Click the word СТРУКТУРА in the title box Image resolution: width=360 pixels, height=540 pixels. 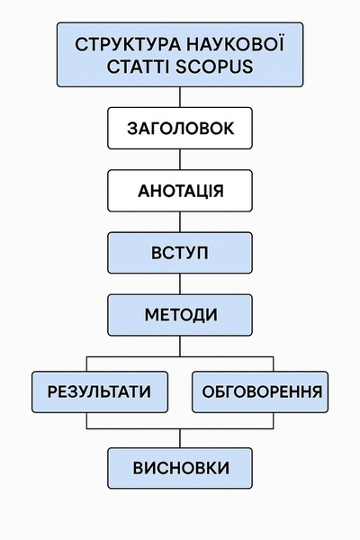(x=127, y=45)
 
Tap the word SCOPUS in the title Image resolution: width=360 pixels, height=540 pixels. (x=214, y=67)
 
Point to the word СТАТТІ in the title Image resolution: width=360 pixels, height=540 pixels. (x=138, y=67)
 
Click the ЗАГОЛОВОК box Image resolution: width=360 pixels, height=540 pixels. (x=180, y=128)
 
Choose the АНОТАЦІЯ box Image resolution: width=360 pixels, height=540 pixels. (x=180, y=191)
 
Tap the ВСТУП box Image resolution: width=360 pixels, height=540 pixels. (x=180, y=253)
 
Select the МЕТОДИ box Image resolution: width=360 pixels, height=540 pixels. (x=180, y=315)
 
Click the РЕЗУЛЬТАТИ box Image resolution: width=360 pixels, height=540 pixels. (x=100, y=391)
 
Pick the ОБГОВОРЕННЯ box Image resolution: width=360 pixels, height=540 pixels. (x=260, y=391)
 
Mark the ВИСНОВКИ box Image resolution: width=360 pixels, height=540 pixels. (x=180, y=468)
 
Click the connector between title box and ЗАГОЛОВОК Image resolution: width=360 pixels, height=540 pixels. (x=180, y=97)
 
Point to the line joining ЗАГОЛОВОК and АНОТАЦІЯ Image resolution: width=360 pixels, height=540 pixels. (x=180, y=159)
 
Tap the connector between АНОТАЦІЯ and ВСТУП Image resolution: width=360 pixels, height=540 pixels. (x=180, y=222)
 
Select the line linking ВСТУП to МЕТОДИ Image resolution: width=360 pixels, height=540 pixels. (x=180, y=284)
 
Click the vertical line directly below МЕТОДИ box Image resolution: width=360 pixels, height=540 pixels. (x=180, y=346)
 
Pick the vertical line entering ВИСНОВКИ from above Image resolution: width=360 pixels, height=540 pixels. (x=180, y=438)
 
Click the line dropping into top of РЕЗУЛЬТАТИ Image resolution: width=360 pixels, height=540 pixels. (x=86, y=364)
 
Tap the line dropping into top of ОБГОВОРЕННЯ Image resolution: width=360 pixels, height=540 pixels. (x=274, y=364)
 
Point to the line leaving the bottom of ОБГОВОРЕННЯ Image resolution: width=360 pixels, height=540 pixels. (x=274, y=420)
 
